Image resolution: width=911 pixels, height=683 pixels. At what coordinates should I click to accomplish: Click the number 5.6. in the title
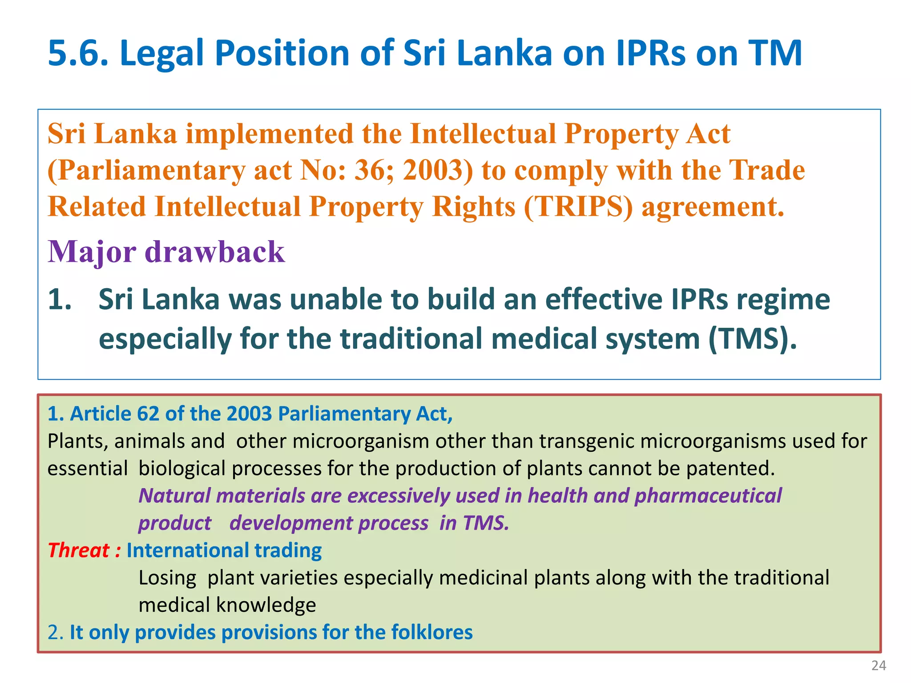coord(78,53)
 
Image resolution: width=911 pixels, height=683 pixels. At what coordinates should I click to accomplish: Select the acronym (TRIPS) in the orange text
coord(578,207)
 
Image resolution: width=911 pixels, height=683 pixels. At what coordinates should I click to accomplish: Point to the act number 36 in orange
coord(369,171)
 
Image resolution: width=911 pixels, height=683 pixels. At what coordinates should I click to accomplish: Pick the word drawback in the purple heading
coord(215,252)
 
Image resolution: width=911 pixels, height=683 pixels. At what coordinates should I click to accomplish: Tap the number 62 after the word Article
coord(148,414)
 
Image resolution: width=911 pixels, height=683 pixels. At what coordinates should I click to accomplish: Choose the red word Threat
coord(78,550)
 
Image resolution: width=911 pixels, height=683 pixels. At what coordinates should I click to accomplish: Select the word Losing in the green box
coord(167,578)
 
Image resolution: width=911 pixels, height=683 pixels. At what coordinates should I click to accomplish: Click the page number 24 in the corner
coord(879,666)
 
